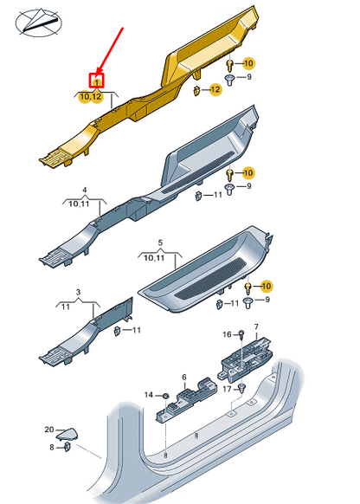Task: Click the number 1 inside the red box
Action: point(98,81)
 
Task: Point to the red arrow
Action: point(110,48)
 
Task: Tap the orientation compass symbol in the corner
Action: point(35,23)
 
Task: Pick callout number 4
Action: point(85,189)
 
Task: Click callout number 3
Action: point(78,294)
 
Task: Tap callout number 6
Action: point(183,377)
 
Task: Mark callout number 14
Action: point(148,395)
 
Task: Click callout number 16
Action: point(228,333)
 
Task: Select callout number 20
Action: point(49,429)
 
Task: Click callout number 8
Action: point(52,448)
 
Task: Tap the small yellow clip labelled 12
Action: point(198,91)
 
